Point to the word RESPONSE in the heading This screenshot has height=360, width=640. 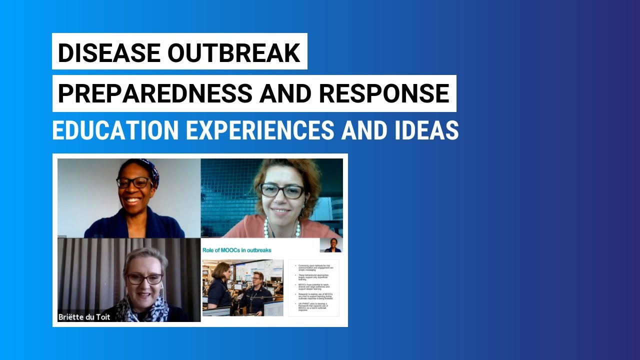384,93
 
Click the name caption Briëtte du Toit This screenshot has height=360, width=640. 84,316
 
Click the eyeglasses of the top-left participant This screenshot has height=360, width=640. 134,183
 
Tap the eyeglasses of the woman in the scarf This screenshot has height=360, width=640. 144,279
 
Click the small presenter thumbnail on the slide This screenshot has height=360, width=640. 331,245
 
